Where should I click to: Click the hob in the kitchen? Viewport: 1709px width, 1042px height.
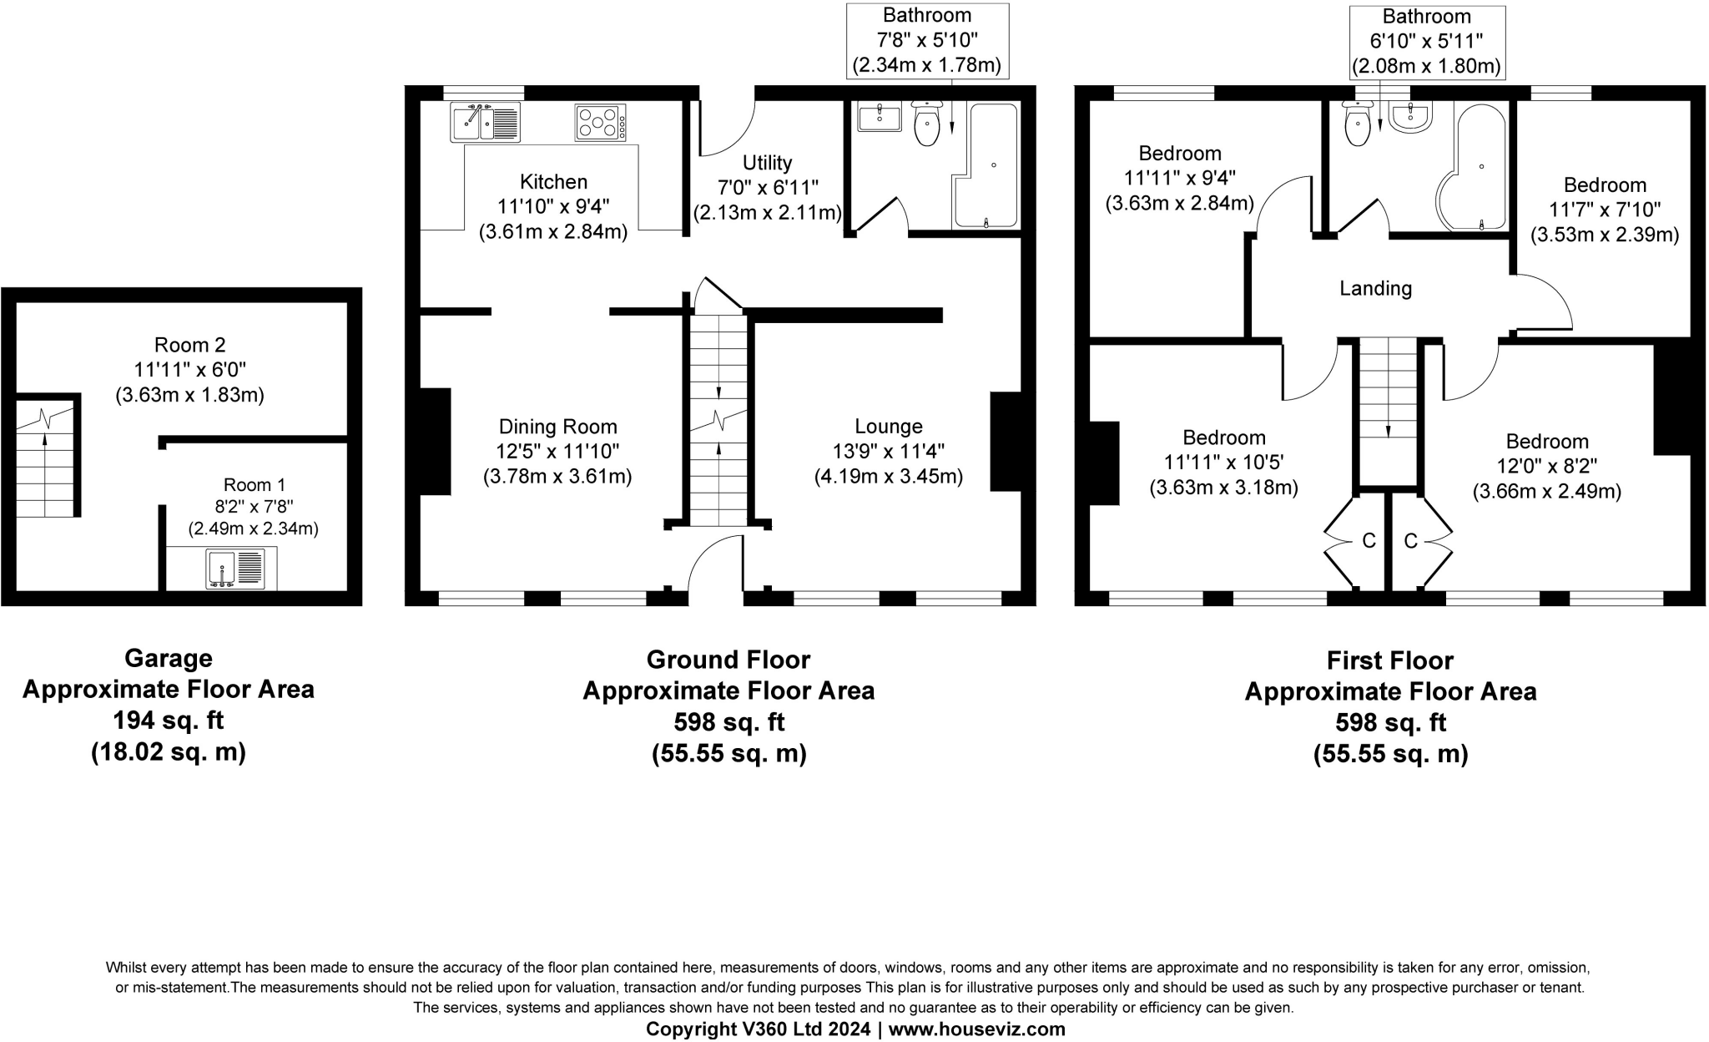point(600,122)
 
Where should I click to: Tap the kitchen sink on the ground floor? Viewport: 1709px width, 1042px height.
point(485,122)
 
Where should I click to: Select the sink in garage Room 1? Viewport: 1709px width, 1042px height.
point(235,569)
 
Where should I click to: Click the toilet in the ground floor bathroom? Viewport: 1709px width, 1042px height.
point(927,124)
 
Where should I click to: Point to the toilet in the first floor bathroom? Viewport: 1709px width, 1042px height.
point(1358,124)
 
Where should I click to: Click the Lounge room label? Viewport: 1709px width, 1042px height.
point(888,427)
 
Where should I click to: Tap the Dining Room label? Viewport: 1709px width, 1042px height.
point(557,427)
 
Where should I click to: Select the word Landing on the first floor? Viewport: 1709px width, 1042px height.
point(1375,289)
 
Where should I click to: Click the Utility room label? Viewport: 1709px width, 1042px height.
point(767,163)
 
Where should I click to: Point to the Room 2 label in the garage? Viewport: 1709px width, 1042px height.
point(190,345)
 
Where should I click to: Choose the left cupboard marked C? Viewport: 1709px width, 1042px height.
point(1369,541)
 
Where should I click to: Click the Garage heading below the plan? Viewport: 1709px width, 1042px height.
point(169,659)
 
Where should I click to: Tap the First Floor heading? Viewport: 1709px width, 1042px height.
point(1390,660)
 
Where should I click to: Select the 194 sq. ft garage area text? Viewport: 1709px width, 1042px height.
point(169,721)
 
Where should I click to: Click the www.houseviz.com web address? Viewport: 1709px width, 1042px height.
point(976,1029)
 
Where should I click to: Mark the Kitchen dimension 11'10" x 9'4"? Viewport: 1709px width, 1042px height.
point(553,207)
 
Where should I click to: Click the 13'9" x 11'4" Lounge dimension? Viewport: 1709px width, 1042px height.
point(888,452)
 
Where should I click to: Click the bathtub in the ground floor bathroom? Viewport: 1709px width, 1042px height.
point(985,166)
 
